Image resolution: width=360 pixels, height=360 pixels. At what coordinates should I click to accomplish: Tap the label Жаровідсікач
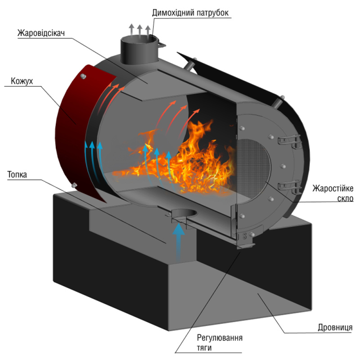click(x=40, y=33)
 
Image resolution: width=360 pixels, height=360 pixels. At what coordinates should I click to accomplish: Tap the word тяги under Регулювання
click(x=205, y=347)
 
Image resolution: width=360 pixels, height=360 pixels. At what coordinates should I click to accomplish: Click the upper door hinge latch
click(x=288, y=140)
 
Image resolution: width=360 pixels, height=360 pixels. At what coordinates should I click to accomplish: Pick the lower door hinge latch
click(x=288, y=185)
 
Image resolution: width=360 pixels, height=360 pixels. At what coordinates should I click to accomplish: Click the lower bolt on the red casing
click(x=74, y=184)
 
